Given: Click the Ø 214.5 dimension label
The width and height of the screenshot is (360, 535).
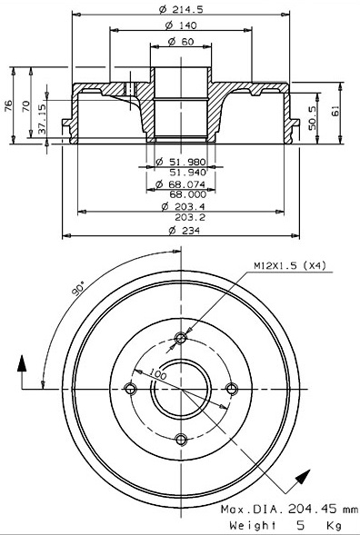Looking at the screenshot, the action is [181, 10].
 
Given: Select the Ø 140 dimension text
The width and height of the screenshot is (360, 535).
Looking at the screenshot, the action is [181, 25].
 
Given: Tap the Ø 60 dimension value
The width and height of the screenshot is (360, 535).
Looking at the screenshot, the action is [181, 42].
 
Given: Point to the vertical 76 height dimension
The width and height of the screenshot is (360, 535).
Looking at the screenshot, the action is [8, 105].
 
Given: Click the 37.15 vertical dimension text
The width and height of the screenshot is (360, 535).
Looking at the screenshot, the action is [42, 119].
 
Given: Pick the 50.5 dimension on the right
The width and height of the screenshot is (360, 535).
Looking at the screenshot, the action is [312, 118].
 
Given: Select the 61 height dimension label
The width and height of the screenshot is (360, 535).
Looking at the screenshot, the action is [336, 111].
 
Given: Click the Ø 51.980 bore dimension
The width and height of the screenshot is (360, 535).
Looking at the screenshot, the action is [181, 162].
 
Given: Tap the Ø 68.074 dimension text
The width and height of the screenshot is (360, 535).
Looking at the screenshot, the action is [181, 184].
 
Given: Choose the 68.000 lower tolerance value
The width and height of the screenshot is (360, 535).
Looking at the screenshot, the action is [188, 194].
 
